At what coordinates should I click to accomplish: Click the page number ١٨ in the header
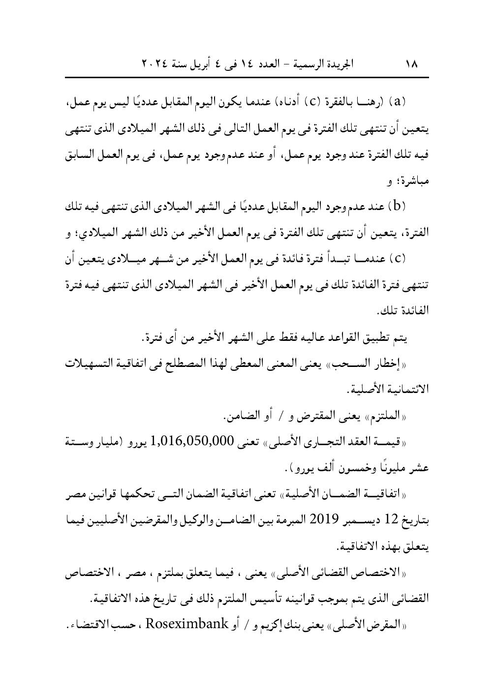(411, 64)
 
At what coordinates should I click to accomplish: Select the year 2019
(317, 519)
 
